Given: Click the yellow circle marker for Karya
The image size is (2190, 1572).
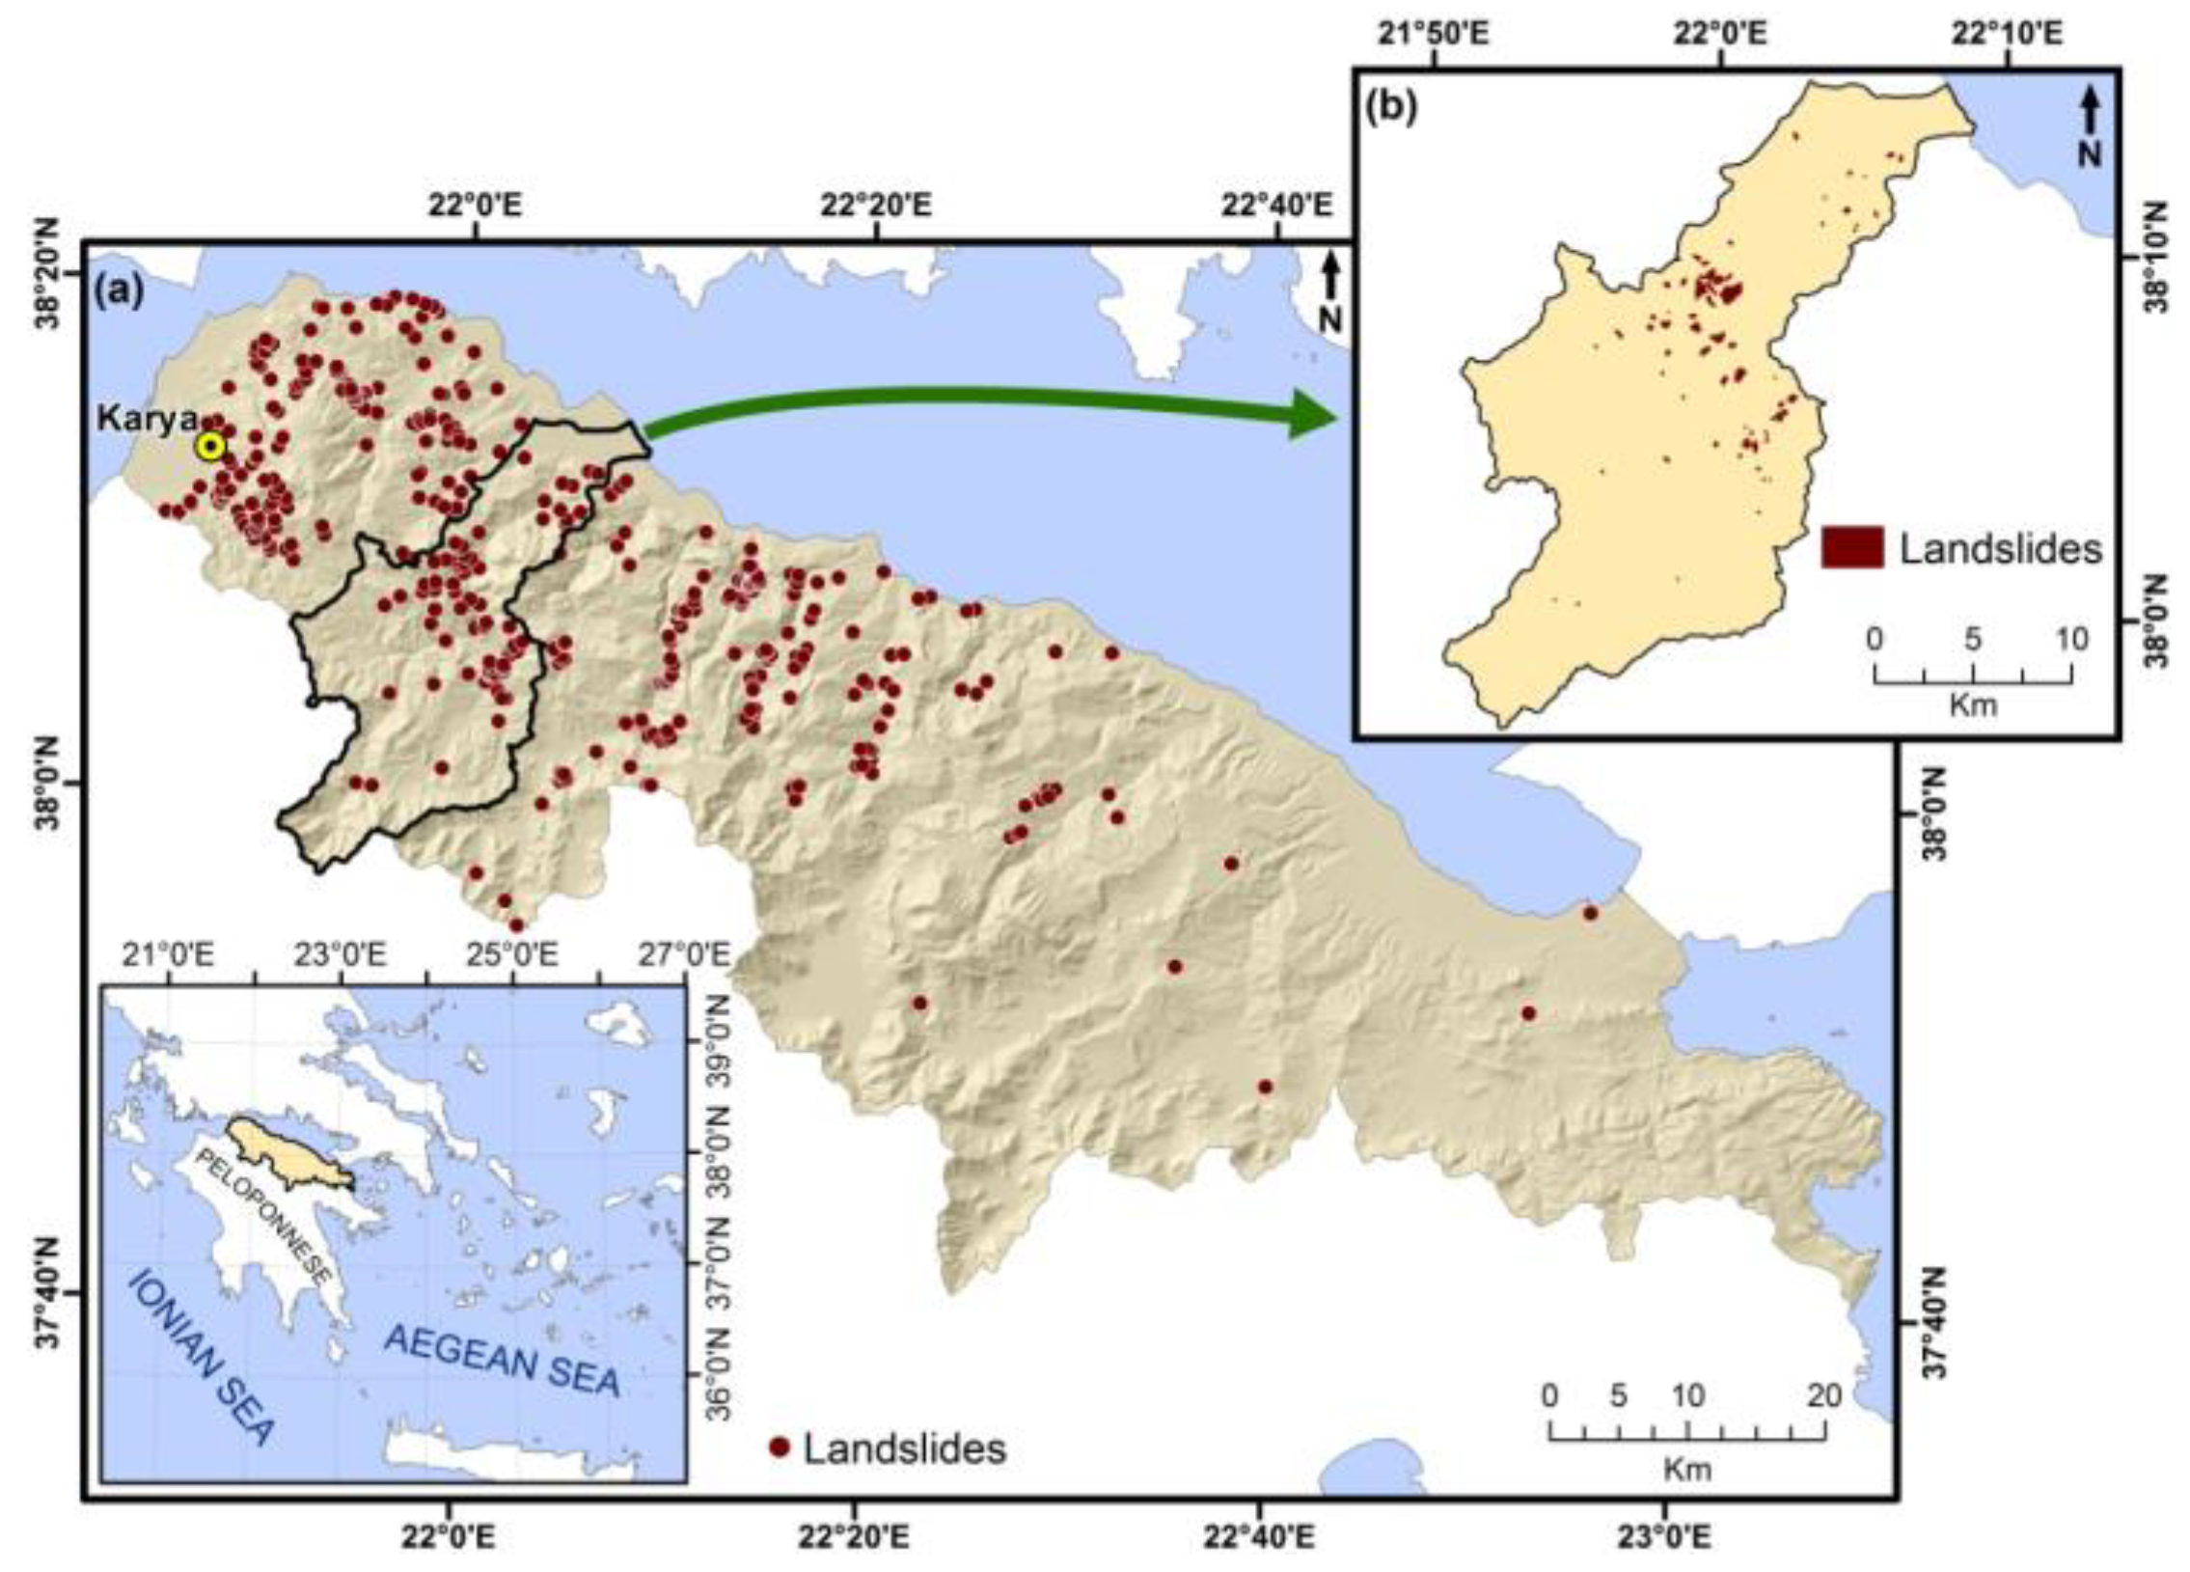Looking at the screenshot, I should (x=209, y=447).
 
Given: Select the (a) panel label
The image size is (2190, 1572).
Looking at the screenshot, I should (x=118, y=289).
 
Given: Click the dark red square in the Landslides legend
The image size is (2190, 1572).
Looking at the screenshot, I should (x=1851, y=547).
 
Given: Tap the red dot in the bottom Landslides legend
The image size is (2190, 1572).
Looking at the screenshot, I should (x=780, y=1448).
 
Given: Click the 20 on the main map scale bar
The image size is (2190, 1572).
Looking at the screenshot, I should (x=1823, y=1395).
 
